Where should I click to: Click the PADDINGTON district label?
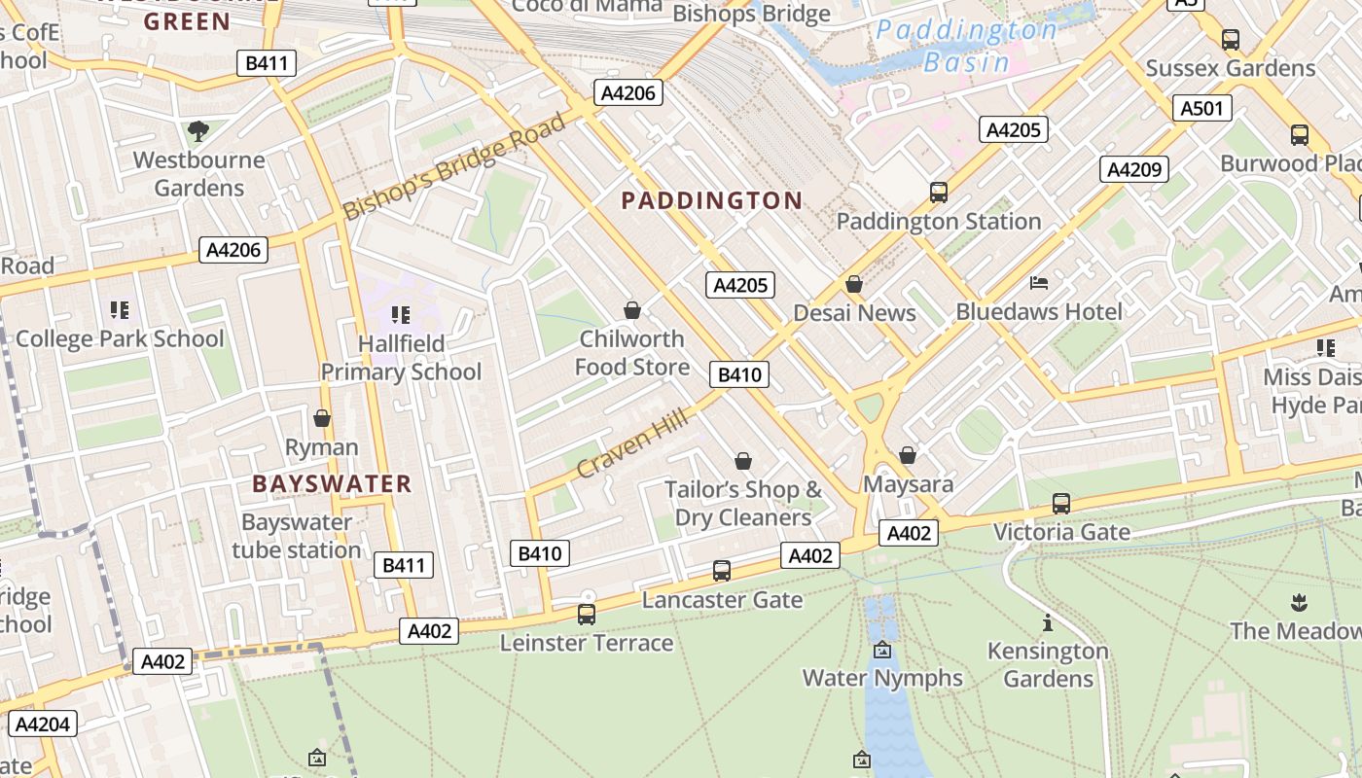point(712,201)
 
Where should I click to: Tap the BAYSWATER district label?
point(332,483)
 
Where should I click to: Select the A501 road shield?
point(1201,108)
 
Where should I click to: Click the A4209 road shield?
point(1133,169)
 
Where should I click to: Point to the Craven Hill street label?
point(632,443)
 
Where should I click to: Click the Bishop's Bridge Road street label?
point(454,167)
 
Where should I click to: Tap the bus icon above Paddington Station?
point(939,192)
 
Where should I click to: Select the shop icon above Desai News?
point(854,284)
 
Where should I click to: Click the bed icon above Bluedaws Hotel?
point(1039,283)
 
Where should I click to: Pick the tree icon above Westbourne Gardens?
point(198,130)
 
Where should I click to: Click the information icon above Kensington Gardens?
point(1048,622)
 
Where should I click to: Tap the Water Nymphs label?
point(882,678)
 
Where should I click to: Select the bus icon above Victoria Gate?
point(1061,504)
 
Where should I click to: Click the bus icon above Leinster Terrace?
point(586,614)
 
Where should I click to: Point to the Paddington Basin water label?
point(966,46)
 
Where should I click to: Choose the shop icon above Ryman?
point(322,418)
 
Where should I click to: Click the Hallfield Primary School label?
point(401,357)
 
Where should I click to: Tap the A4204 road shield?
point(42,724)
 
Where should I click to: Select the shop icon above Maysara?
point(908,455)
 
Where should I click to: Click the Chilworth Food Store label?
point(632,352)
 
